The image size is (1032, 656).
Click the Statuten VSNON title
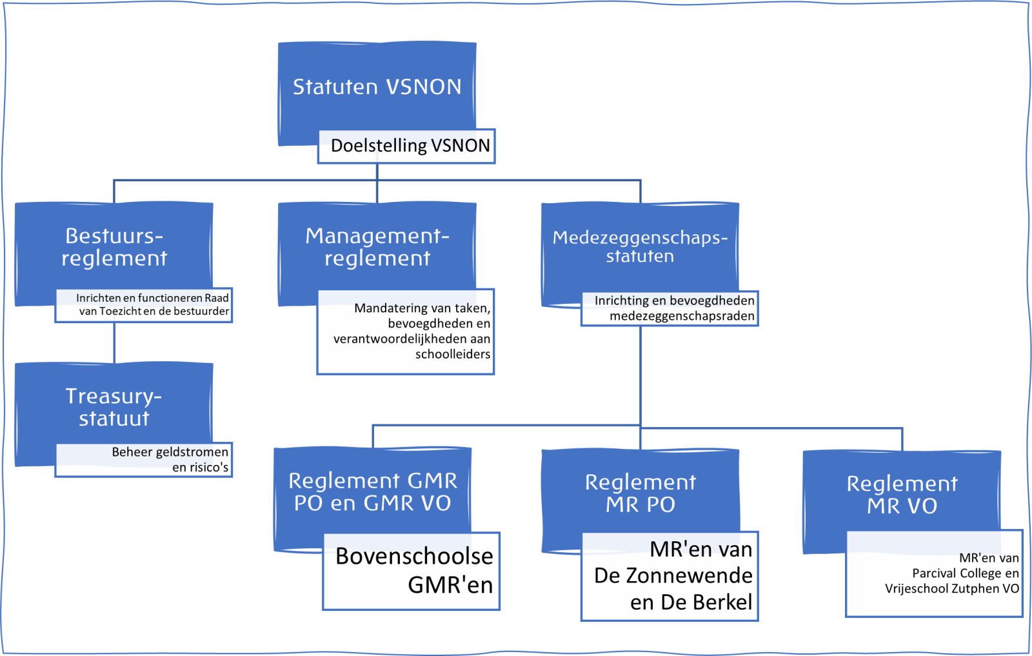[x=377, y=87]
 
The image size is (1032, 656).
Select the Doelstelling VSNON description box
[x=410, y=146]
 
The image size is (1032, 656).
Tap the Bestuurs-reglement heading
[x=114, y=247]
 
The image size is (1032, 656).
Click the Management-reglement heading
[x=377, y=247]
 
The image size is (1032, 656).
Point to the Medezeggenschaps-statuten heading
[x=640, y=247]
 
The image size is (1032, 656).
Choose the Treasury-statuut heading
[x=114, y=407]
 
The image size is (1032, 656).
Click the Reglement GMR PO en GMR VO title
[x=373, y=492]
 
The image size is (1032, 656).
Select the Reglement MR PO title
[x=640, y=493]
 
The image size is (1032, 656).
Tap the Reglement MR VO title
[x=902, y=495]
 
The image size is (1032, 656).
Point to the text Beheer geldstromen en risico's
[x=170, y=459]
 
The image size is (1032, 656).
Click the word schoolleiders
[x=453, y=354]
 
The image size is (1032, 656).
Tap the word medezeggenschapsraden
[x=682, y=316]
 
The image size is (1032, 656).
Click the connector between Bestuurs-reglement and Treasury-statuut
[x=114, y=343]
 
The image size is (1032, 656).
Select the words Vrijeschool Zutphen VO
[x=952, y=589]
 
